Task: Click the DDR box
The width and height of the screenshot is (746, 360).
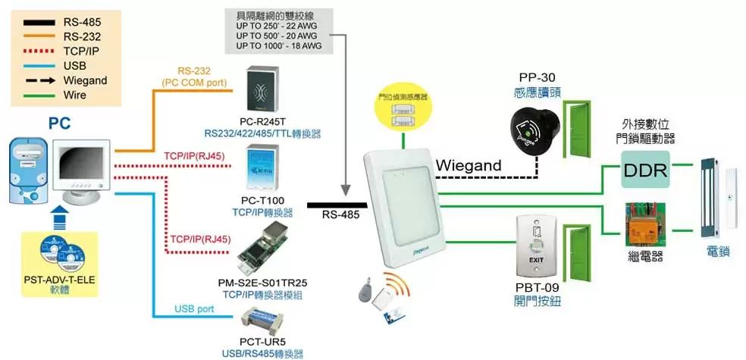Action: (645, 171)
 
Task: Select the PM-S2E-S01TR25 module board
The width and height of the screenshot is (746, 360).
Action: (262, 249)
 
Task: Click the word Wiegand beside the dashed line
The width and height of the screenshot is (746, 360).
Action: (469, 165)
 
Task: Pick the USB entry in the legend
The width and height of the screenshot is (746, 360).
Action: (75, 66)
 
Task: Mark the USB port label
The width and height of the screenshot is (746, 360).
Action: (194, 308)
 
